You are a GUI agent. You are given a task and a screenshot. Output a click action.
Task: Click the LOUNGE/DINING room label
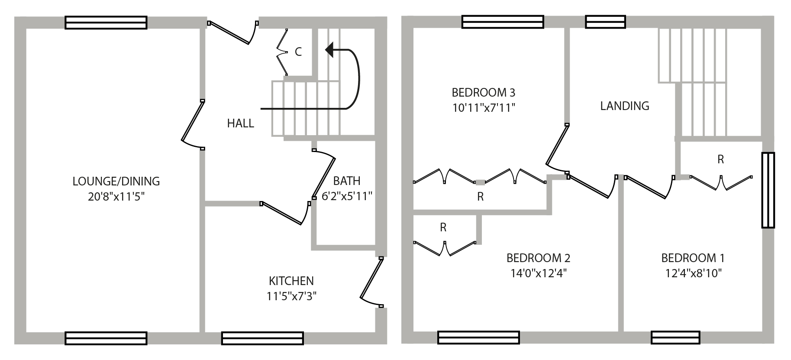point(116,181)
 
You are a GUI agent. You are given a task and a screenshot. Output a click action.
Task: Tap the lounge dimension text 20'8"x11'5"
point(116,197)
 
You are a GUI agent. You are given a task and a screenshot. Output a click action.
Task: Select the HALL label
point(240,123)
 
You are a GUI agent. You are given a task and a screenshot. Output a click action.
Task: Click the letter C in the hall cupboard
point(298,52)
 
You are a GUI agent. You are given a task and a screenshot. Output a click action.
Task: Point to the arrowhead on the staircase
point(329,50)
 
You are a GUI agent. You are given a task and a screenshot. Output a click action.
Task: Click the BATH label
point(347,181)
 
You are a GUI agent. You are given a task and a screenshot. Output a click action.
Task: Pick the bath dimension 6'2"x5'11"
point(347,196)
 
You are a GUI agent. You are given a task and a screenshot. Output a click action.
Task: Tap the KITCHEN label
point(291,281)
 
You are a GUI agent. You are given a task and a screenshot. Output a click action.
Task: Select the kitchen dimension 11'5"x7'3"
point(291,297)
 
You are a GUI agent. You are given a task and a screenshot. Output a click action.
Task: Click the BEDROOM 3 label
point(483,92)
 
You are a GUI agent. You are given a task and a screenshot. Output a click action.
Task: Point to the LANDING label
point(624,106)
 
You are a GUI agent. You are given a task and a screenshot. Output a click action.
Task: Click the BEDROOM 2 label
point(538,258)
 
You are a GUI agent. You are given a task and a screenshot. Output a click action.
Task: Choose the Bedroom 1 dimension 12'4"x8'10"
point(692,273)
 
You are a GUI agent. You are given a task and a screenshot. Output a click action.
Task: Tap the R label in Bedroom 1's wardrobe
point(720,159)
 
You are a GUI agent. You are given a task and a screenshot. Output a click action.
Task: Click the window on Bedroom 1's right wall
point(768,190)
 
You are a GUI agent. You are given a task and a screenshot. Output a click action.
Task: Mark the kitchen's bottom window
point(262,338)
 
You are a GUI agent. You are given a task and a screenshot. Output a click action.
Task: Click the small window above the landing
point(605,22)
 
